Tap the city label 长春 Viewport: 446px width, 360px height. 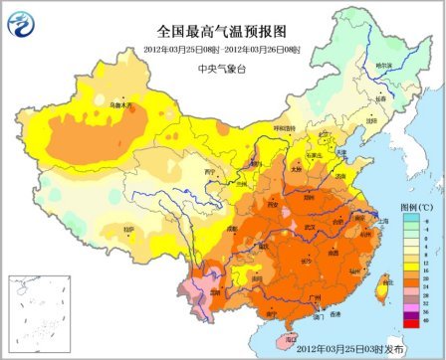pyautogui.click(x=380, y=98)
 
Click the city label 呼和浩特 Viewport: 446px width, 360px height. pyautogui.click(x=286, y=127)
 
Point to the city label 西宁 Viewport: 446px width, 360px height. pyautogui.click(x=210, y=171)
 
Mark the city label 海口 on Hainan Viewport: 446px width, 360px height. pyautogui.click(x=292, y=338)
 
